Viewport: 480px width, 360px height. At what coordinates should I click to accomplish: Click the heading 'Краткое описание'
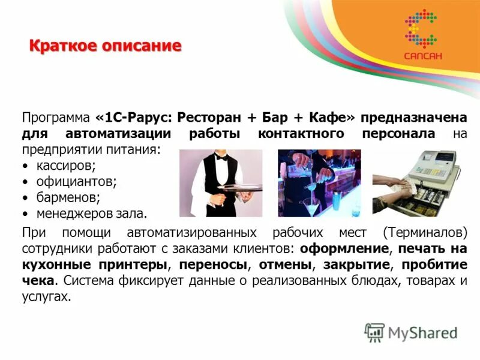coord(105,46)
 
